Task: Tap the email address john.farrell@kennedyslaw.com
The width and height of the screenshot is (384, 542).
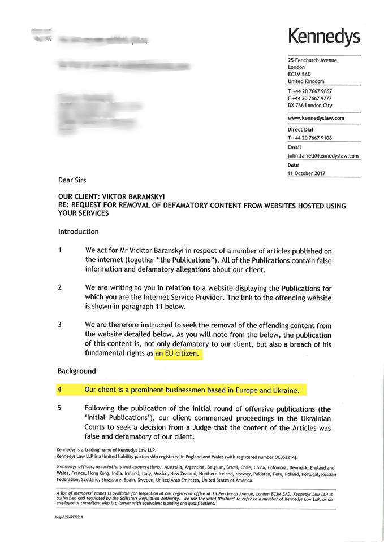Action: (x=323, y=156)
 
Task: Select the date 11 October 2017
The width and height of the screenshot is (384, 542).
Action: (x=307, y=173)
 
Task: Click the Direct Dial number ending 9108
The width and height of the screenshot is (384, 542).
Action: (x=310, y=138)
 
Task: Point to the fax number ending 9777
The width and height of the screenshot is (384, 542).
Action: (x=310, y=98)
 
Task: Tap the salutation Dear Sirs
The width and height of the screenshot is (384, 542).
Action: (x=72, y=180)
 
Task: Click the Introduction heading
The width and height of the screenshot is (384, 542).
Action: (x=78, y=231)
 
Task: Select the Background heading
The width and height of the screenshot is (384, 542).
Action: (x=76, y=371)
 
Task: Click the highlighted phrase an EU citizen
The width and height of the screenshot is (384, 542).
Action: (x=178, y=354)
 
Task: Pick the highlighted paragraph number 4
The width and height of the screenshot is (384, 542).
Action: (x=60, y=390)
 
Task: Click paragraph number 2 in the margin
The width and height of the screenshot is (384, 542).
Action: (x=60, y=287)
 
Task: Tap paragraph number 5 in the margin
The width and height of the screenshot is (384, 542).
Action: (x=60, y=408)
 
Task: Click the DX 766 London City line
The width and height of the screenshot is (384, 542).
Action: (x=310, y=105)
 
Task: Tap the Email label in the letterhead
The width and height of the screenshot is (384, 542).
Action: (x=294, y=147)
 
